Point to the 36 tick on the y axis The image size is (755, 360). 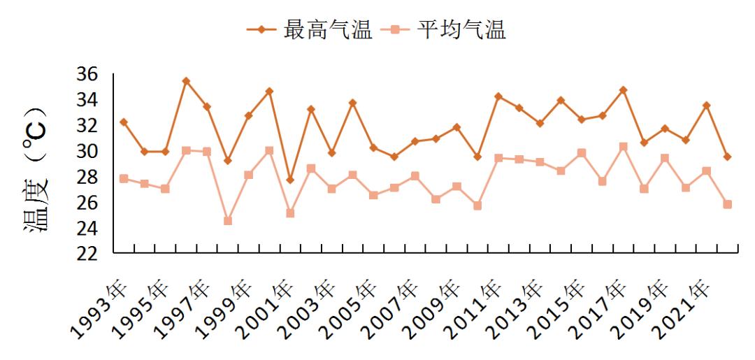[87, 74]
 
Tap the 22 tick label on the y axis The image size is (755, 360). [87, 254]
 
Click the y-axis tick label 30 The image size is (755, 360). [87, 151]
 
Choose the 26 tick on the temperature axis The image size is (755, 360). [87, 203]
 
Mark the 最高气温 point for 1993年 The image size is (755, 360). [124, 122]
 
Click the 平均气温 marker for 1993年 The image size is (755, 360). [124, 178]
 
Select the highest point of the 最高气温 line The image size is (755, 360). [186, 81]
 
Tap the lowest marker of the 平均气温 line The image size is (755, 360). [228, 221]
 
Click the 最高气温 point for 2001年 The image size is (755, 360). [290, 180]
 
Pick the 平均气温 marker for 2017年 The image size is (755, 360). [623, 147]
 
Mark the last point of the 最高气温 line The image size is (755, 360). [727, 157]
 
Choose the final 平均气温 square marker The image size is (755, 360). [727, 204]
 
